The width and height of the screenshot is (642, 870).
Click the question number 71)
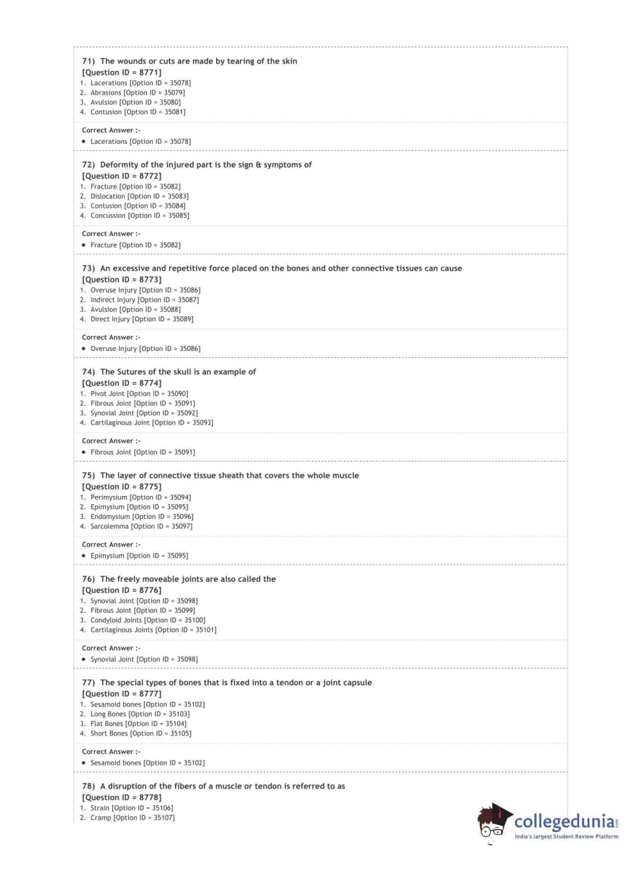point(89,61)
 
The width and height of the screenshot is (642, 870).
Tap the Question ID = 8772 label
point(121,176)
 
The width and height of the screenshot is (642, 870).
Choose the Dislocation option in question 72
point(139,196)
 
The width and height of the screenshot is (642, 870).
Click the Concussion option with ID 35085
point(140,216)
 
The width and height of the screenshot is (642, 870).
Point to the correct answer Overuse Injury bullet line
point(145,348)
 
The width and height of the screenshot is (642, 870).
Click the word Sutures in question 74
point(131,371)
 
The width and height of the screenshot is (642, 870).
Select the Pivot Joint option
point(139,394)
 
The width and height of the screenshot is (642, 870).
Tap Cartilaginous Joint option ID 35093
point(151,423)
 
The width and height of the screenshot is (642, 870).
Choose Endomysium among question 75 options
point(142,516)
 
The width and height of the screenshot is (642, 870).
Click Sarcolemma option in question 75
point(141,526)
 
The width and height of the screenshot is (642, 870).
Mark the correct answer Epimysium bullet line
point(139,556)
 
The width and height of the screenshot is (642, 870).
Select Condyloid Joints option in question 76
point(148,620)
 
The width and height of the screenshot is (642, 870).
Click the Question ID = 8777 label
point(121,694)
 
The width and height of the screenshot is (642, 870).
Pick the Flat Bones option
point(139,724)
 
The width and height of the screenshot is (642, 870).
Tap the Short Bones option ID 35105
point(140,733)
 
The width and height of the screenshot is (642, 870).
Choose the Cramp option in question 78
point(132,817)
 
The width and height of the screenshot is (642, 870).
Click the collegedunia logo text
point(564,821)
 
